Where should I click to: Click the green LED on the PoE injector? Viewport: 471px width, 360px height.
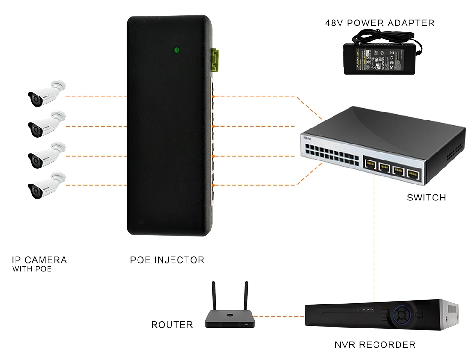177,49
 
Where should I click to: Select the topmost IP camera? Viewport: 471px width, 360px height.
46,93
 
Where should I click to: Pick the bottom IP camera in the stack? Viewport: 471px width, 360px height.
46,185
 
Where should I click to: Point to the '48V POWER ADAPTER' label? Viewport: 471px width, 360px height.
380,23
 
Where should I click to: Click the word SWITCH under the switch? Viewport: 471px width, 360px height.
426,198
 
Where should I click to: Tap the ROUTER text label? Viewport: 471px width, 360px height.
172,325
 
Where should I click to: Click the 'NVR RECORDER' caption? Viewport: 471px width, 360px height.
375,345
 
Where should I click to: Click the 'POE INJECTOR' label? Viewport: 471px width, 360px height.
167,260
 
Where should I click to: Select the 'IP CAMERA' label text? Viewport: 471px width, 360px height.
39,260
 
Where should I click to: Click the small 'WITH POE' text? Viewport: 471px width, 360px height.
32,270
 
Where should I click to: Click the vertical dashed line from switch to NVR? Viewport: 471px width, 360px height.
374,235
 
